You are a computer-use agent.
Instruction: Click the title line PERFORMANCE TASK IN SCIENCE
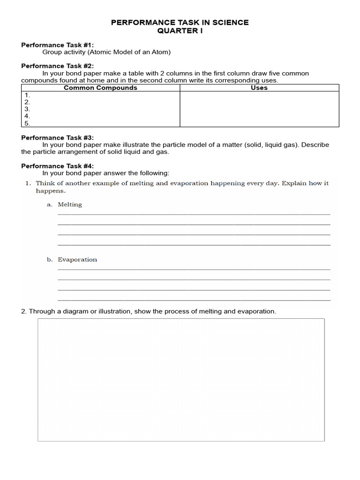click(x=180, y=22)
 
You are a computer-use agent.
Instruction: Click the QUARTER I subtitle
click(x=180, y=30)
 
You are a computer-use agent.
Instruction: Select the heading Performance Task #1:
click(x=58, y=45)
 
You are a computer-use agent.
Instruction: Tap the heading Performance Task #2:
click(x=58, y=66)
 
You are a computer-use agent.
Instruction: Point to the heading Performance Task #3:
click(x=58, y=137)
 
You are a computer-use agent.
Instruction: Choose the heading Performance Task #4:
click(x=58, y=166)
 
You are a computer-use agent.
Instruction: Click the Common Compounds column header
click(x=100, y=88)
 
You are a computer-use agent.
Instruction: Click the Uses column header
click(x=259, y=88)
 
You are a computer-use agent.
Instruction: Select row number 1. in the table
click(x=27, y=95)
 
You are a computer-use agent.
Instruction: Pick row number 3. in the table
click(x=27, y=109)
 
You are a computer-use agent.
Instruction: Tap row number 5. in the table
click(x=27, y=123)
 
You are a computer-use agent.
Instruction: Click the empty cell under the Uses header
click(x=259, y=109)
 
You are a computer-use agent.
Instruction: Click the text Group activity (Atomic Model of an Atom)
click(x=106, y=52)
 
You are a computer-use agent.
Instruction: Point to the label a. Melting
click(x=69, y=204)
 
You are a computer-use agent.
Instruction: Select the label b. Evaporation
click(x=77, y=259)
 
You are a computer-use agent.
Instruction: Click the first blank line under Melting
click(x=194, y=214)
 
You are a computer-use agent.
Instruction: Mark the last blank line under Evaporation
click(x=194, y=300)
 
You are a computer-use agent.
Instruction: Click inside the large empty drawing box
click(x=181, y=380)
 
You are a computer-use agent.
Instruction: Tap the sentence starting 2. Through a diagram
click(x=149, y=311)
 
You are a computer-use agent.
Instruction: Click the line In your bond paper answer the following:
click(x=105, y=173)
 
